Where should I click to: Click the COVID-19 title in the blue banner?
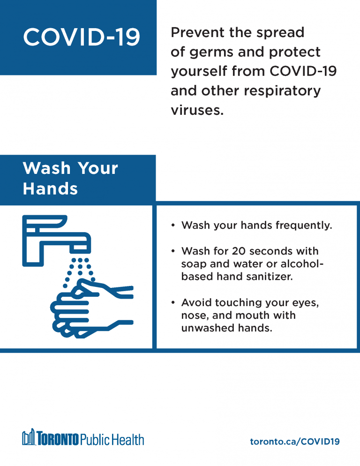82,37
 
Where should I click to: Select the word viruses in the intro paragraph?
197,110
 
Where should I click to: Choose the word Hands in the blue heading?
50,189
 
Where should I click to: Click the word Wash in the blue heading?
47,168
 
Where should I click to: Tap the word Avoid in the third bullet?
197,302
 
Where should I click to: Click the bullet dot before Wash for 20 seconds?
173,251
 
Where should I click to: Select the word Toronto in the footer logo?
58,439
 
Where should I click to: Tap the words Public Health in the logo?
112,439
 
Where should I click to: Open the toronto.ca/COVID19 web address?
295,442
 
